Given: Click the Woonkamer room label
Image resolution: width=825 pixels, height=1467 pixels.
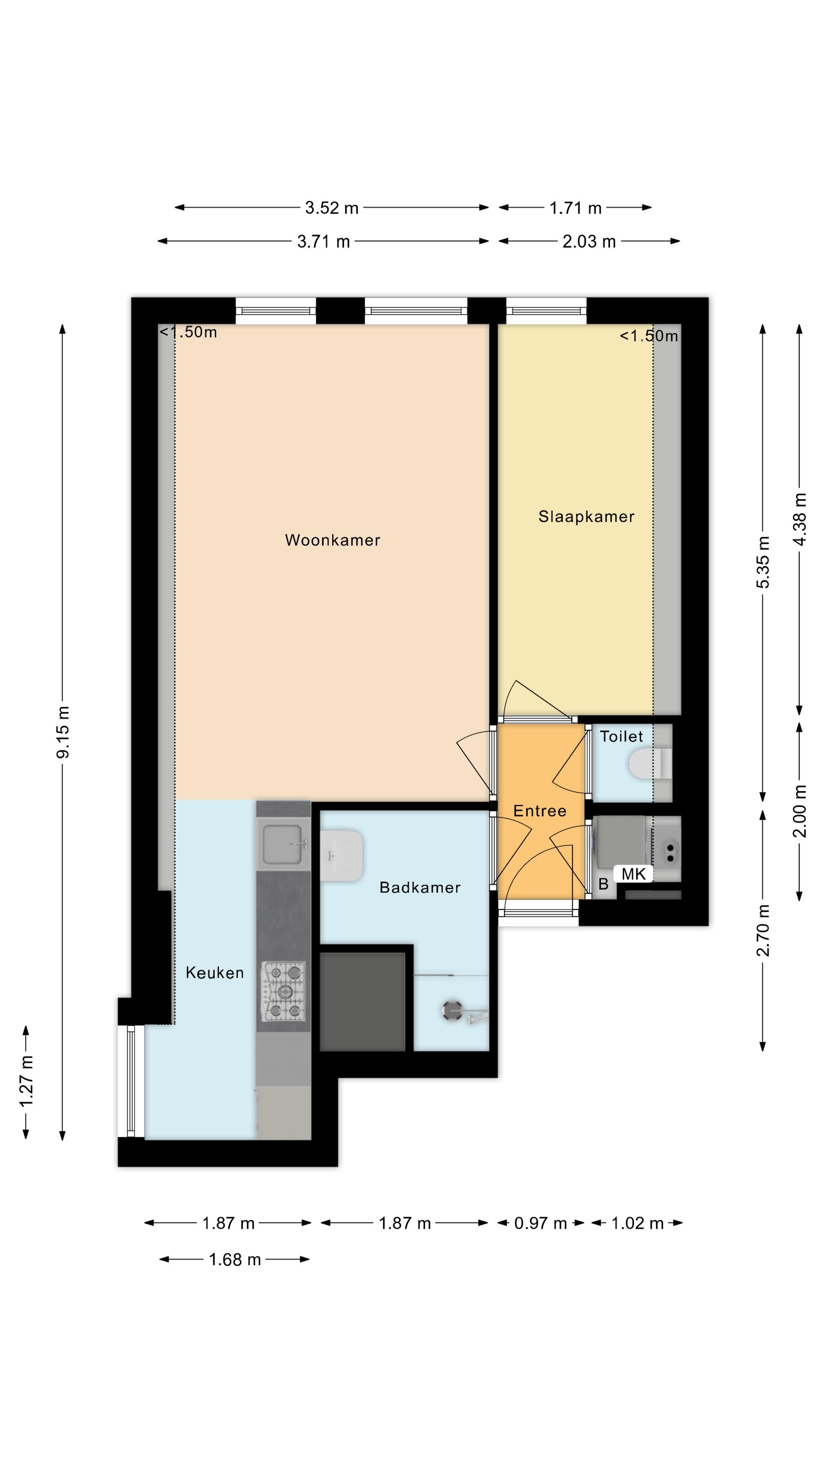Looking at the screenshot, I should click(x=333, y=540).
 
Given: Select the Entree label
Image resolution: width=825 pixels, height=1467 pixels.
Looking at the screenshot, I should click(x=540, y=811).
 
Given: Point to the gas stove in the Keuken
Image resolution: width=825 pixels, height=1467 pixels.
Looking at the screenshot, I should click(x=283, y=991).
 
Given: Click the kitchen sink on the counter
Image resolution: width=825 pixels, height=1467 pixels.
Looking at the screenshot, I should click(x=283, y=844).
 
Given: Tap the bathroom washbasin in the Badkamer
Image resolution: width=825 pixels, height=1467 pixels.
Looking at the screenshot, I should click(x=341, y=855).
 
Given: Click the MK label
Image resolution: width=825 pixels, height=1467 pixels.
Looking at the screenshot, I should click(x=633, y=874).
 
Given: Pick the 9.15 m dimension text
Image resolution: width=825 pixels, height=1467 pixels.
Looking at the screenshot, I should click(x=63, y=732).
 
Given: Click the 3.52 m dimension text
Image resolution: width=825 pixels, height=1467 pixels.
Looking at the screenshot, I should click(x=332, y=208).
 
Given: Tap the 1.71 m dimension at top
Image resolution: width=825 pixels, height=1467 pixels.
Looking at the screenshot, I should click(x=575, y=208).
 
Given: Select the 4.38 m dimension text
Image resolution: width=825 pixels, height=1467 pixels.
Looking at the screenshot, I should click(x=800, y=520).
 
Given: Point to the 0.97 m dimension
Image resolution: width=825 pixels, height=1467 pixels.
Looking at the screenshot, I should click(x=540, y=1223).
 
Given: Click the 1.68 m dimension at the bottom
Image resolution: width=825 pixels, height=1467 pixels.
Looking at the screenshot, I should click(x=235, y=1259).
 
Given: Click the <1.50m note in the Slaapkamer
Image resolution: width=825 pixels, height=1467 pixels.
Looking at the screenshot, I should click(x=649, y=336).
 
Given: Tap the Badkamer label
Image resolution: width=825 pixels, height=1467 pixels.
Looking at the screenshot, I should click(x=420, y=887).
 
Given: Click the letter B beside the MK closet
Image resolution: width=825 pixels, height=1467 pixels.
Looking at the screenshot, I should click(x=603, y=884).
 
